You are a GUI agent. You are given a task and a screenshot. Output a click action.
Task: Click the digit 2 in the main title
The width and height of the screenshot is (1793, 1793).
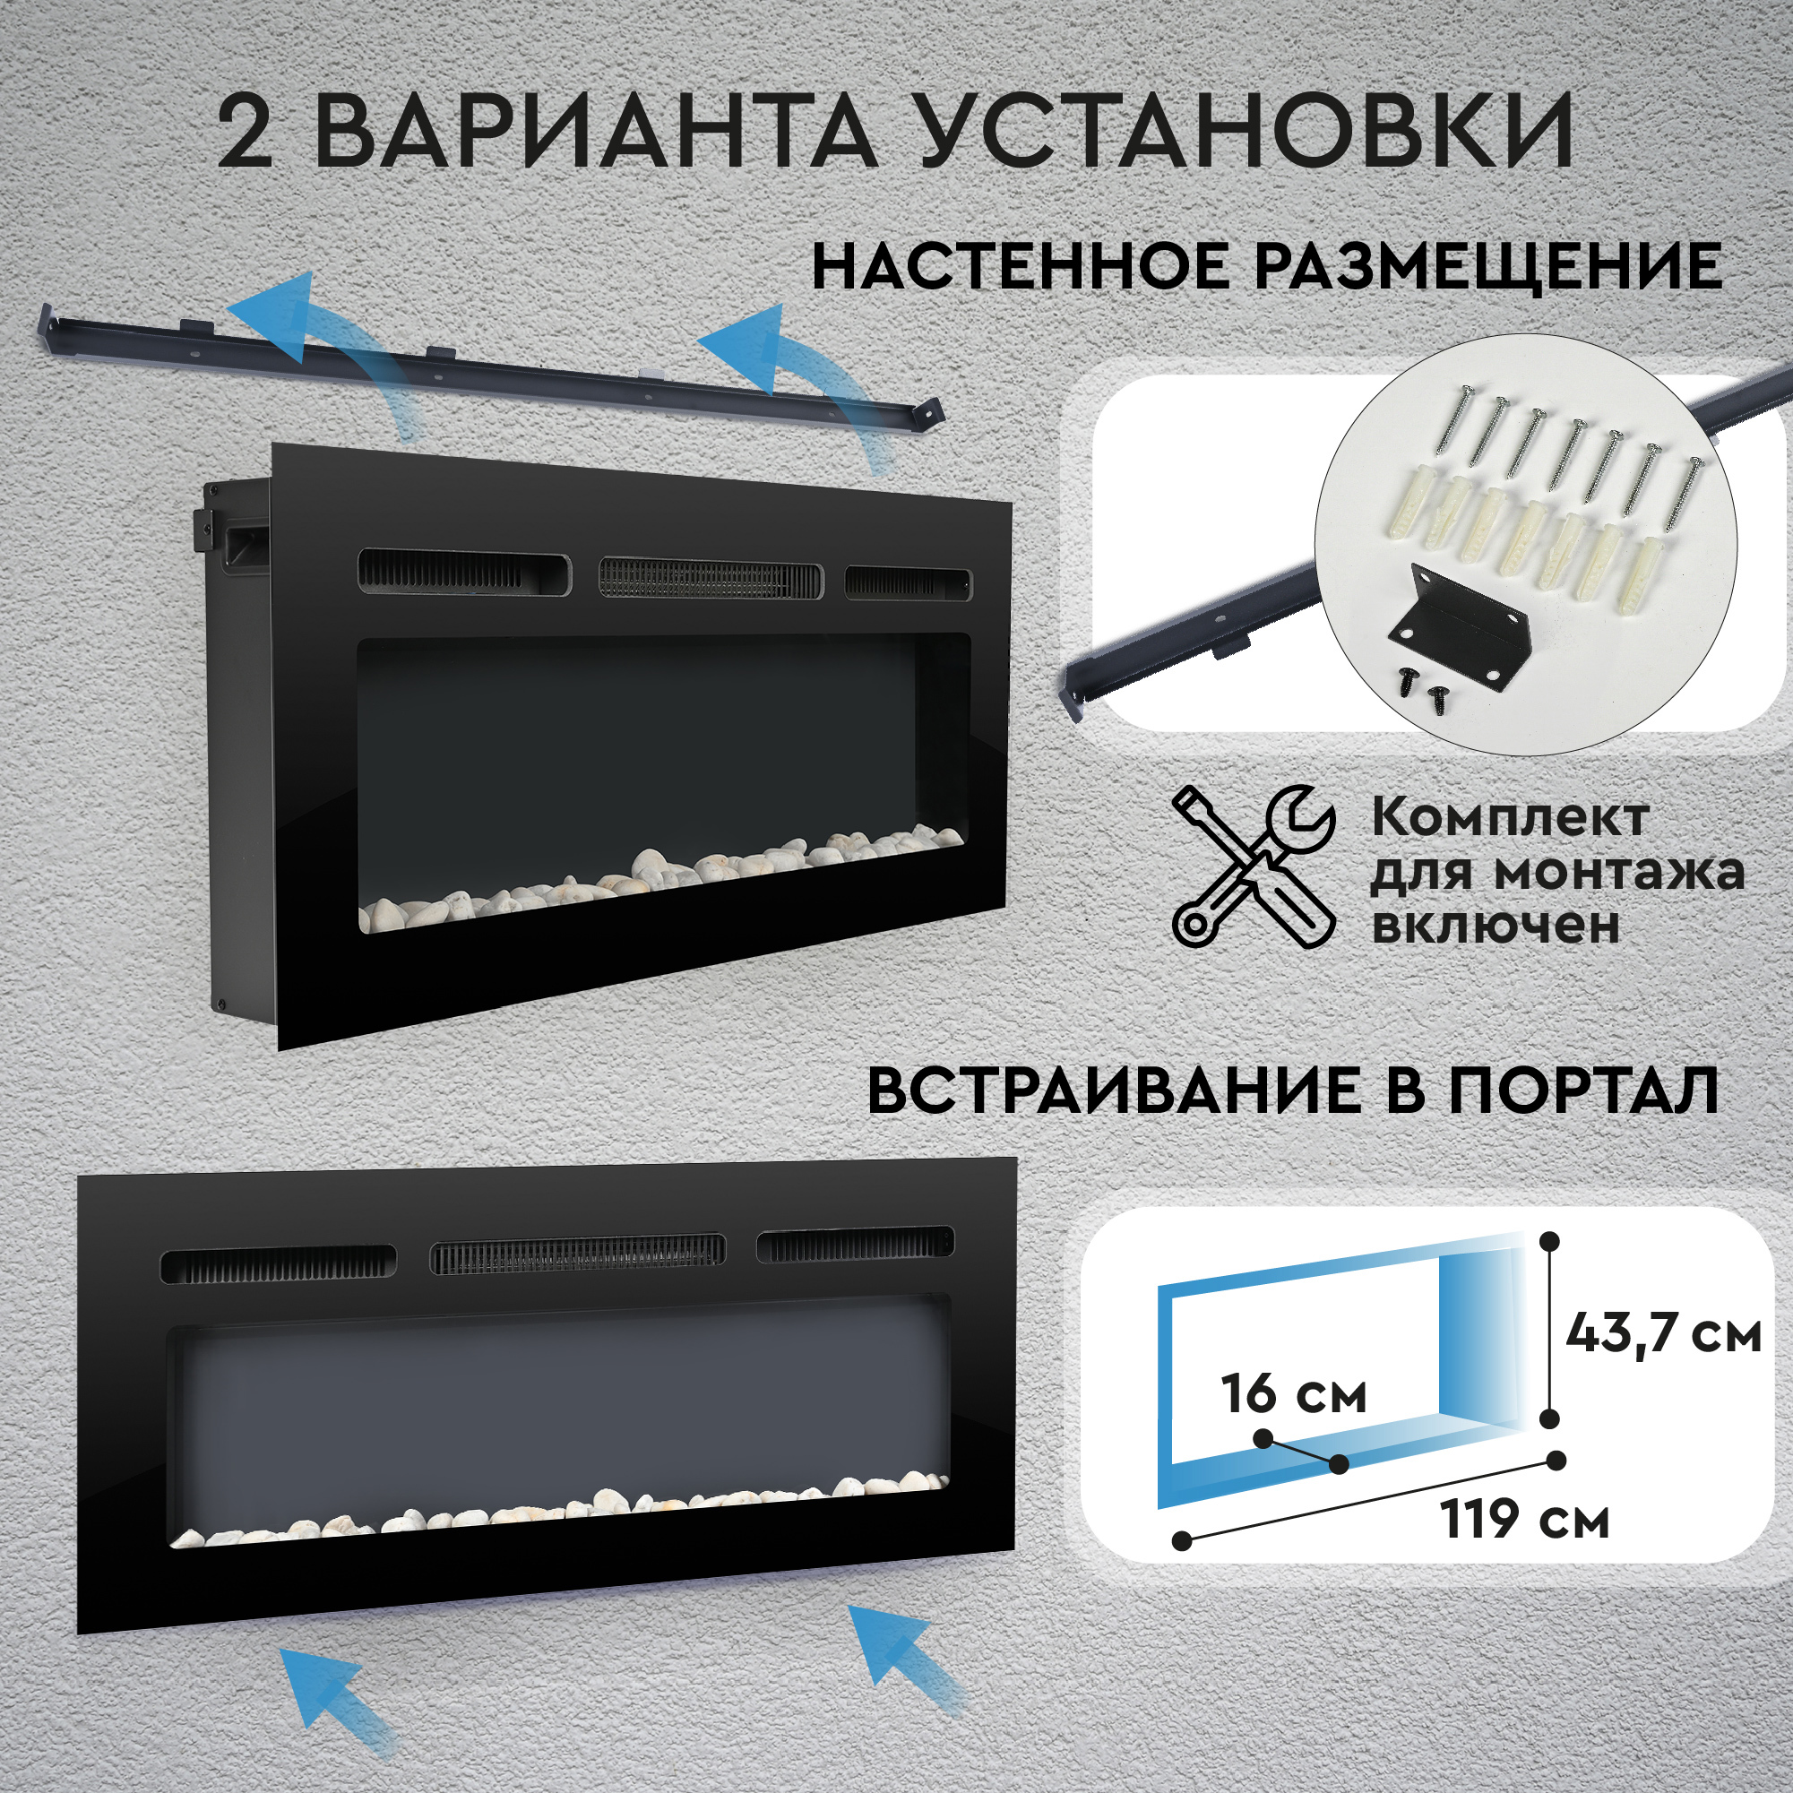246,135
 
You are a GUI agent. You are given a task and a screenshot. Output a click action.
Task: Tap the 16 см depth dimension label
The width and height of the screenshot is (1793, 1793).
1294,1394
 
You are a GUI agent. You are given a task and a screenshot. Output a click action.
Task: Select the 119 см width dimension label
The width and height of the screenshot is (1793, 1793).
1525,1520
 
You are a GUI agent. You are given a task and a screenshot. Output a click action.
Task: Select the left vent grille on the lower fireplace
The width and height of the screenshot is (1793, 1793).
278,1264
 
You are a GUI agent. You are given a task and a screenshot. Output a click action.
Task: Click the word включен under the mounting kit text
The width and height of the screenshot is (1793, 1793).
1496,927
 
